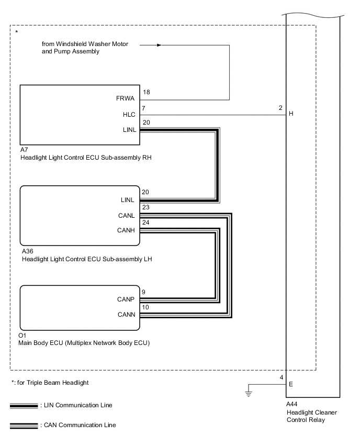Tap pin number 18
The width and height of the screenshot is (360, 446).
point(146,92)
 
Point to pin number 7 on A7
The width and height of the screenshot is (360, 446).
point(144,107)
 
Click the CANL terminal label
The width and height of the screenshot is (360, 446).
point(127,215)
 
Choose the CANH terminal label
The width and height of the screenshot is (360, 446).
point(127,229)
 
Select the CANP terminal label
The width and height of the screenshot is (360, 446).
point(127,299)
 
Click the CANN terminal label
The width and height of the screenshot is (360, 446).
point(127,314)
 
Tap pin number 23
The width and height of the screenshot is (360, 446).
point(146,207)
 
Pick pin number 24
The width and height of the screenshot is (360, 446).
point(146,222)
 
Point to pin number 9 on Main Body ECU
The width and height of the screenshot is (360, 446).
point(144,292)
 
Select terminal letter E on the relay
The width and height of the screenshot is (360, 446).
point(291,384)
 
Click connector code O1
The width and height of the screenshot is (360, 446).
point(24,336)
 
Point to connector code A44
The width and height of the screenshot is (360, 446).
point(292,405)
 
